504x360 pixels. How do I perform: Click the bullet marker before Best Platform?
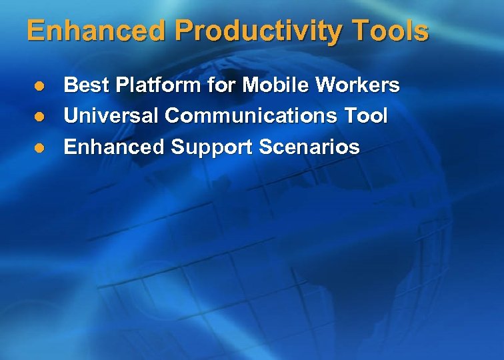pos(39,85)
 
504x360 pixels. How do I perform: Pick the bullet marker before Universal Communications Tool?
pos(39,117)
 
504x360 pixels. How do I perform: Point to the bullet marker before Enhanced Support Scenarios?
pos(39,147)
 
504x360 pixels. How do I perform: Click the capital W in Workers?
pos(325,85)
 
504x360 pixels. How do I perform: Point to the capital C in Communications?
pos(172,117)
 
